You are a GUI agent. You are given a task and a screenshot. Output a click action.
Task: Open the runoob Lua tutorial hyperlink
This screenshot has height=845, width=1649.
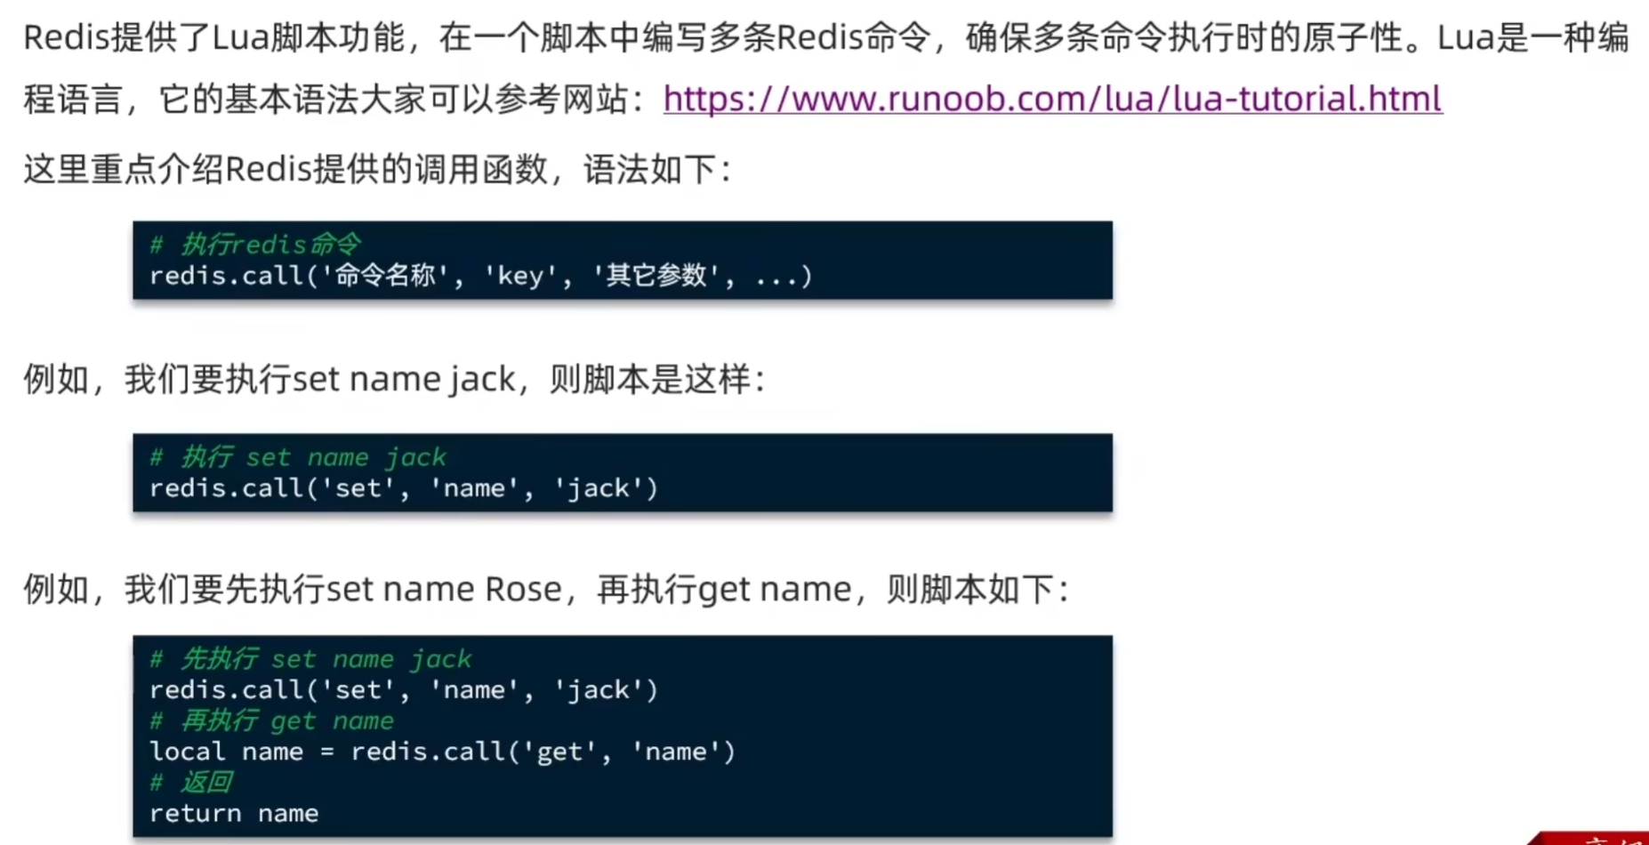point(1052,99)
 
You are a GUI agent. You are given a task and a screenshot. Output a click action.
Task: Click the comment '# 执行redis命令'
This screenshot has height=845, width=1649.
point(255,245)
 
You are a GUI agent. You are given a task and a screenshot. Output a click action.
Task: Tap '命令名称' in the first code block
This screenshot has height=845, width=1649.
point(385,276)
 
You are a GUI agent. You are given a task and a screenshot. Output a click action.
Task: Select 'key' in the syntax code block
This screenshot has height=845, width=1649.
point(520,276)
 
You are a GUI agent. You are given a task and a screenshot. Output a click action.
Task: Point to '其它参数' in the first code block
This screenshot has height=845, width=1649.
point(656,276)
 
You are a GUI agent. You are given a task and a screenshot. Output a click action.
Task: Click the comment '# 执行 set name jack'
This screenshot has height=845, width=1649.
point(298,457)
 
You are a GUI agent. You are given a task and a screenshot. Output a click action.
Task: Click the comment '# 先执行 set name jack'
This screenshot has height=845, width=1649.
point(310,659)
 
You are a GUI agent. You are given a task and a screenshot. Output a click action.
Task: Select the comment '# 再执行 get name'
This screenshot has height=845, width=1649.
point(271,720)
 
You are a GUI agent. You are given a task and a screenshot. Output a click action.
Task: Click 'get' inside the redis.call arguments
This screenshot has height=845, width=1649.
point(559,752)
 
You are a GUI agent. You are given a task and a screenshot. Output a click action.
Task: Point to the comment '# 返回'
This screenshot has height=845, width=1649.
point(191,783)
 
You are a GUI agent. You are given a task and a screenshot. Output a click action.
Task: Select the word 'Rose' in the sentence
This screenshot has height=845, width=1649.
point(523,589)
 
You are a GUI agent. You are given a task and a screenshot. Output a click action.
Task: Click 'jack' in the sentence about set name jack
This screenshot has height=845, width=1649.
point(482,380)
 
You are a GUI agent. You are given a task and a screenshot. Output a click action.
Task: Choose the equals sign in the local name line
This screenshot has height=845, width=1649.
point(326,752)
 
